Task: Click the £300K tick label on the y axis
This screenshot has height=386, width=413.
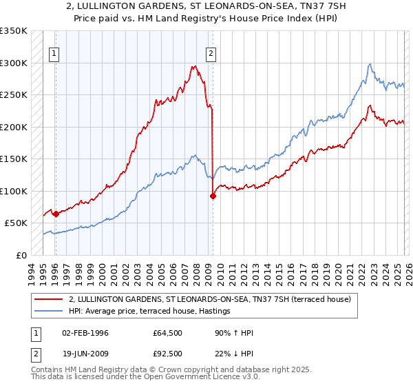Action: tap(14, 63)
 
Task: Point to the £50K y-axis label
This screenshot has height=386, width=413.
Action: tap(16, 223)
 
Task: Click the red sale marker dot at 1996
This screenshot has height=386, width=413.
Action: tap(56, 214)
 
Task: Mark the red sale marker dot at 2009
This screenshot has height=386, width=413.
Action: tap(212, 196)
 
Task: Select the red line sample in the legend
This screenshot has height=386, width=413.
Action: tap(50, 299)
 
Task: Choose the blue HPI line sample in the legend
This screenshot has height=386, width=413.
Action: tap(50, 312)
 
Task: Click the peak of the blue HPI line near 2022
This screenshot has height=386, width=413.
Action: tap(370, 64)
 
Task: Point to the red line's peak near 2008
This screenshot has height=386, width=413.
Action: tap(195, 66)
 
